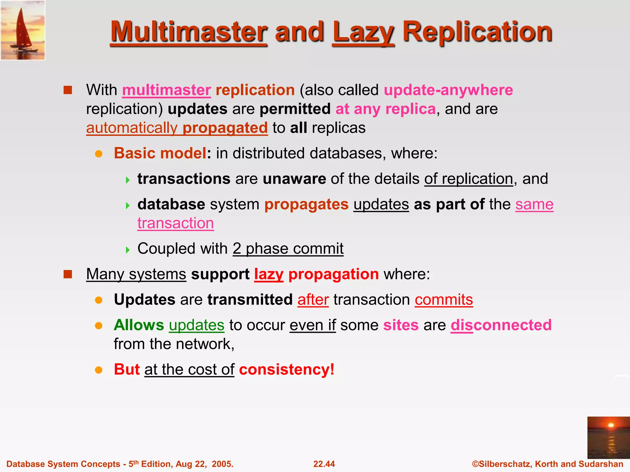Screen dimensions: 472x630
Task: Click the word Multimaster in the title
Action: coord(189,32)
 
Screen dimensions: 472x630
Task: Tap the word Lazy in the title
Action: coord(363,32)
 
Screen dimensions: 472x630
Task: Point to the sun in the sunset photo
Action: coord(611,425)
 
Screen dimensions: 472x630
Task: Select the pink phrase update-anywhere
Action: coord(448,90)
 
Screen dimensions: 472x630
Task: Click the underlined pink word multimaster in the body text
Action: coord(166,90)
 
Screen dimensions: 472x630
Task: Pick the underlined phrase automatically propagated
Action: coord(177,128)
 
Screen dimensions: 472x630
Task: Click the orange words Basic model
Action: coord(160,153)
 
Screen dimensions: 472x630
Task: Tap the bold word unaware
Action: coord(294,179)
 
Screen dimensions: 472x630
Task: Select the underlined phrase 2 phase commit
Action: coord(288,248)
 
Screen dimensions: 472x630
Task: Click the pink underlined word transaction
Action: coord(175,223)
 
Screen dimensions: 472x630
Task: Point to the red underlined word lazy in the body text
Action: coord(269,274)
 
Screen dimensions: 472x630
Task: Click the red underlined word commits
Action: coord(444,300)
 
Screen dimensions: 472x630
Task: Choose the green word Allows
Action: coord(139,325)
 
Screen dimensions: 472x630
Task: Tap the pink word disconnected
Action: coord(501,325)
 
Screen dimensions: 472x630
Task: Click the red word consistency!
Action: coord(286,369)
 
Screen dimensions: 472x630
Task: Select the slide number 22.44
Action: coord(324,464)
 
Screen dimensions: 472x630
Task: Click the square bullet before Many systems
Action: coord(68,274)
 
